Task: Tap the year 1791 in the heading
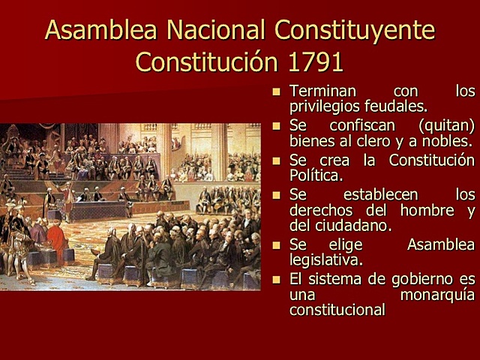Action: click(313, 61)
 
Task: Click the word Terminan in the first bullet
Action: click(322, 91)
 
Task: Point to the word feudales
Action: click(400, 106)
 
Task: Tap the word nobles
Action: click(448, 140)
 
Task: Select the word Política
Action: click(316, 175)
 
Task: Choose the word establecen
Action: click(374, 195)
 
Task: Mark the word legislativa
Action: click(326, 259)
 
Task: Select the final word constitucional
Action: click(337, 309)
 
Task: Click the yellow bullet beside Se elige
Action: click(276, 245)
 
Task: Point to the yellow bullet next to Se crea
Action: click(276, 160)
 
